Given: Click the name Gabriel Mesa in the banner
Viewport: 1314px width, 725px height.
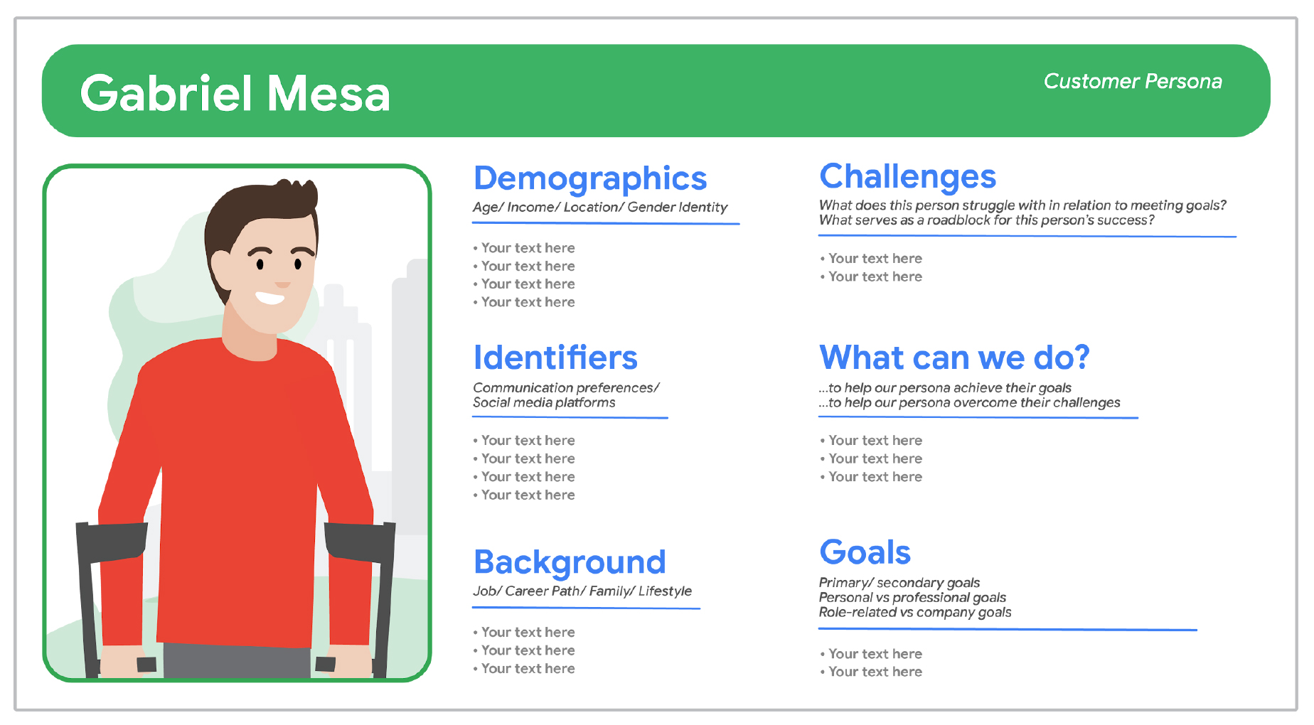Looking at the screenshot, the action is tap(235, 93).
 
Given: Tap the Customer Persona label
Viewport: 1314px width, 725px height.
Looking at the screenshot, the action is tap(1133, 81).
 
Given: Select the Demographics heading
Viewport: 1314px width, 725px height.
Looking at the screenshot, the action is tap(590, 178).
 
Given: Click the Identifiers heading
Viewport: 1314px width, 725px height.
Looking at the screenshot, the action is tap(555, 357).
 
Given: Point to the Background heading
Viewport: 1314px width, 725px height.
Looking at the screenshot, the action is tap(570, 562).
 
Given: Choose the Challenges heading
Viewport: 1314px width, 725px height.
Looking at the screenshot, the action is tap(907, 176).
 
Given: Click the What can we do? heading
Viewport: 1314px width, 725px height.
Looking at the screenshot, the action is tap(954, 357).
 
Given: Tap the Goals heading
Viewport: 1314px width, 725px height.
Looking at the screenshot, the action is tap(865, 552).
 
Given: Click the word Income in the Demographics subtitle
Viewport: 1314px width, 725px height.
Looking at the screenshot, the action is tap(530, 207).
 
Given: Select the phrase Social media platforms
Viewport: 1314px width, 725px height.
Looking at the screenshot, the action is tap(544, 402).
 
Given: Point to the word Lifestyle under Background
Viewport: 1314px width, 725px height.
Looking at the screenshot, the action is tap(665, 591).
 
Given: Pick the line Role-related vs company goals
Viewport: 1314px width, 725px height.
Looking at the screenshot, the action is tap(914, 612).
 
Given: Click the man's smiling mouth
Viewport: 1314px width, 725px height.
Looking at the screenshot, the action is tap(270, 297).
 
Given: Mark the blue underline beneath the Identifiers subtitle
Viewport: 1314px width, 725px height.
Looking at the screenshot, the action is tap(570, 418).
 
